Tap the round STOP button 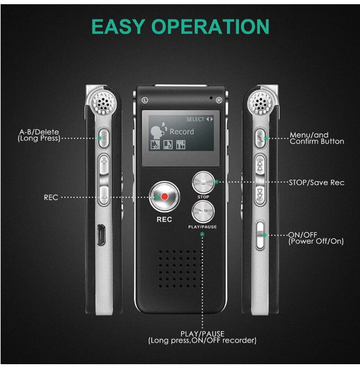point(203,182)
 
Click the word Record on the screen point(181,131)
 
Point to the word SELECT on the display point(195,119)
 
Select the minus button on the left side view point(104,196)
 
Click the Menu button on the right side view point(260,137)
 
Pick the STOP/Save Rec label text point(316,182)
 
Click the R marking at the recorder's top point(219,100)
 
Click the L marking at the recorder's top point(145,100)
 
